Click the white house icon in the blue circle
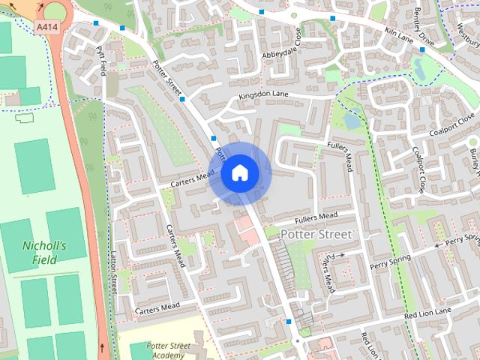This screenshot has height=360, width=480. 239,173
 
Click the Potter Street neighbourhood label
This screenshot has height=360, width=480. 315,235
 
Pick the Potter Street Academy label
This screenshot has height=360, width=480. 169,350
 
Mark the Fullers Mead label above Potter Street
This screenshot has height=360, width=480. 316,217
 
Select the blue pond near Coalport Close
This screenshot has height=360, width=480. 351,120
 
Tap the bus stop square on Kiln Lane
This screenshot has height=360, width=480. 422,49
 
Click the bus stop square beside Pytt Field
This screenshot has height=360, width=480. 96,23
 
